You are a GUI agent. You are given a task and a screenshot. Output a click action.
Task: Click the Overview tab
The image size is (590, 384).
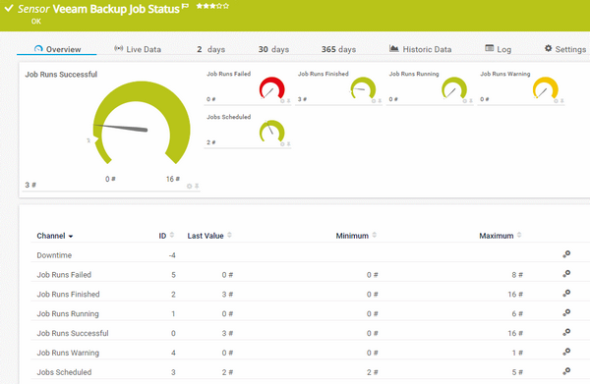click(x=57, y=48)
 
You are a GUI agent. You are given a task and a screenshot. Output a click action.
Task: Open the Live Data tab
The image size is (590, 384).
click(x=138, y=48)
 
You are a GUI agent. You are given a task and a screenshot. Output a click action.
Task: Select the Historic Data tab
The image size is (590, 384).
click(x=420, y=48)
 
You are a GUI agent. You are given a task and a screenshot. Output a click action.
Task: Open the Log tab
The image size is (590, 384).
click(x=498, y=48)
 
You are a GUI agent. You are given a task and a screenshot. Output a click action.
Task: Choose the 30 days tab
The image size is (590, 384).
click(x=273, y=48)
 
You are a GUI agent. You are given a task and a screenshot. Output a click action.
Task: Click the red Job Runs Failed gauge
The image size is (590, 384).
click(x=271, y=89)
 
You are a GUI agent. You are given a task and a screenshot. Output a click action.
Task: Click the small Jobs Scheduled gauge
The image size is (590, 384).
click(x=271, y=132)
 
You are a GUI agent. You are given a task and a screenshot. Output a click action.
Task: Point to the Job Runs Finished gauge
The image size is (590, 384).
click(x=363, y=89)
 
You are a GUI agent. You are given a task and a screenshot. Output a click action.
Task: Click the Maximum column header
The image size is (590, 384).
click(x=497, y=236)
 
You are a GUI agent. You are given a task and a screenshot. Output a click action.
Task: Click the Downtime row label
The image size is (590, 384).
click(x=54, y=255)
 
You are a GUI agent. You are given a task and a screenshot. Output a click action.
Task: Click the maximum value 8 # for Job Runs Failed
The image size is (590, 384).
click(x=514, y=275)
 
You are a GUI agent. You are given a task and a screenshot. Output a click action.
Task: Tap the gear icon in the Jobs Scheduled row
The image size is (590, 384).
click(x=566, y=372)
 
